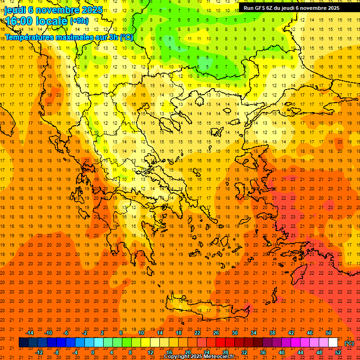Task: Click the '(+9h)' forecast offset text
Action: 79,21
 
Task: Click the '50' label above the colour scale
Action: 329,333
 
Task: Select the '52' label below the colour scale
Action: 338,352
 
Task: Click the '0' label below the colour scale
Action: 92,352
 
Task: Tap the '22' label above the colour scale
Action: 197,333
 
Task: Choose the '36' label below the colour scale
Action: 263,352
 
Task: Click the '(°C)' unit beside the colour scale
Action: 349,343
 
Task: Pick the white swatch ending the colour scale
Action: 333,343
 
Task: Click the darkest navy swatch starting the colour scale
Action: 23,343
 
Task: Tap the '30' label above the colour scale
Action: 235,333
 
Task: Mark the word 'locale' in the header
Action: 53,21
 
